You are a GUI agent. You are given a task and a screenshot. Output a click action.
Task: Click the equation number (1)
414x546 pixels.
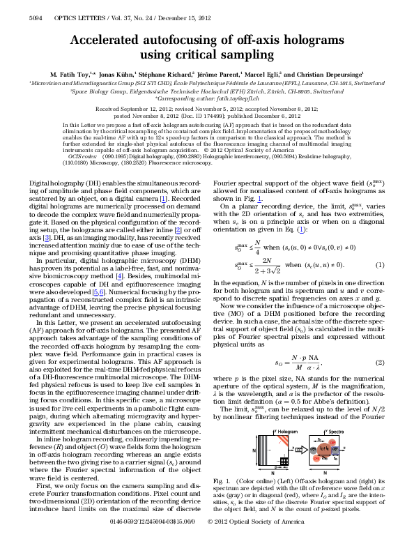click(x=381, y=264)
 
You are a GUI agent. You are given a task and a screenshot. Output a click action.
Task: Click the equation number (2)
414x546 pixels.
click(x=381, y=363)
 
